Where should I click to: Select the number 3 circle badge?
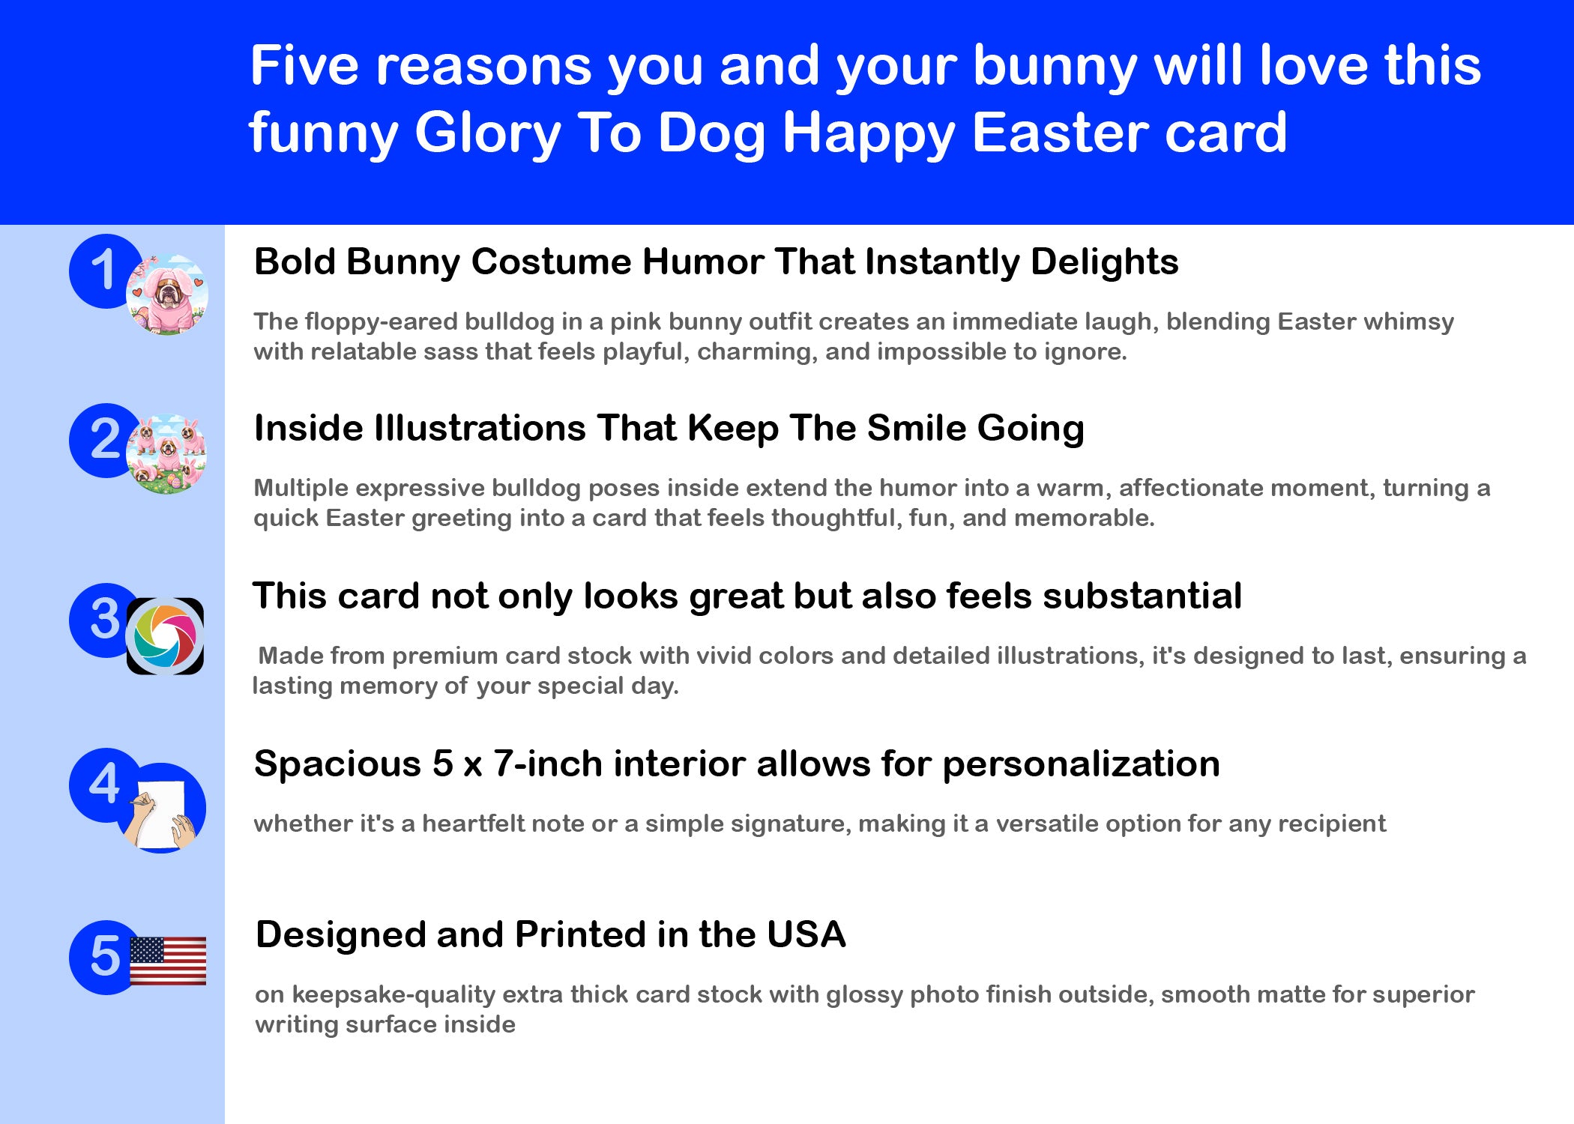100,620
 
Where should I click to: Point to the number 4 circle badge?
100,785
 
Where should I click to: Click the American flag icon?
168,961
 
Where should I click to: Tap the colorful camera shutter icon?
165,636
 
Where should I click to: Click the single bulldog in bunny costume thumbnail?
167,294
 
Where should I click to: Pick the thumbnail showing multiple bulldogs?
166,454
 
